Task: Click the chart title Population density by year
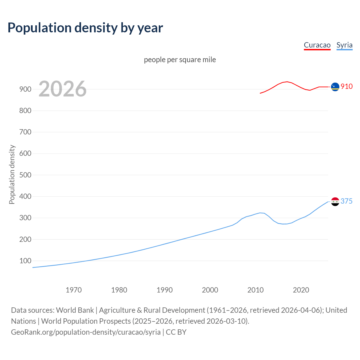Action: coord(85,28)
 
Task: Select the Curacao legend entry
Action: coord(317,45)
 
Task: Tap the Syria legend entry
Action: coord(344,45)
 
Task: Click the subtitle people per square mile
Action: coord(180,60)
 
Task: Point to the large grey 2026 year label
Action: coord(62,89)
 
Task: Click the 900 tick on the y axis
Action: coord(25,89)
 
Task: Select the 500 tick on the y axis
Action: coord(25,175)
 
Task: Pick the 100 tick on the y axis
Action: coord(25,261)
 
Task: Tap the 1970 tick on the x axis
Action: coord(74,290)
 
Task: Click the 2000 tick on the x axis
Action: coord(210,290)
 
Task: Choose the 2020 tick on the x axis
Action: coord(301,290)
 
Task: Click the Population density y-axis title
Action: coord(12,174)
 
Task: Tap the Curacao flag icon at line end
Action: coord(335,87)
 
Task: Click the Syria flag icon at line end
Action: coord(335,202)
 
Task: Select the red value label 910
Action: coord(346,86)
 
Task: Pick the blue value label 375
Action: coord(346,201)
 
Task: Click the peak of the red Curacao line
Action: coord(287,82)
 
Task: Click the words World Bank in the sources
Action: coord(75,310)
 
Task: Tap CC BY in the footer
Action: coord(176,332)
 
